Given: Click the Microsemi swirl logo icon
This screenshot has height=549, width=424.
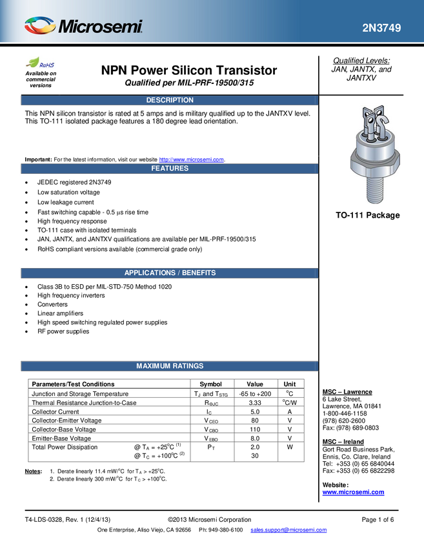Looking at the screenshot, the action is coord(40,25).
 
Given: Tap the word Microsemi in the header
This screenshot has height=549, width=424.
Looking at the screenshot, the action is coord(100,27).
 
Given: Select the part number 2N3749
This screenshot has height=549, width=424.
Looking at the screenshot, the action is coord(381,28).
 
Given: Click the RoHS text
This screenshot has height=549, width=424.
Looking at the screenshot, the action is coord(47,65).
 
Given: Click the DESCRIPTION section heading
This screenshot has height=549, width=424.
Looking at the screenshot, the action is coord(170,100).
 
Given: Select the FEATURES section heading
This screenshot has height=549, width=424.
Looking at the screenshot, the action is coord(170,168).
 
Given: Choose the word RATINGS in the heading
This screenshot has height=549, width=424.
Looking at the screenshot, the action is coord(188,366).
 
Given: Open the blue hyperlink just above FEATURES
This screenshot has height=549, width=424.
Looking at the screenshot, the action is coord(192,158).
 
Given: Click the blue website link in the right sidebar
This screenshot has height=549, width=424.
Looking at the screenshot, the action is coord(353,492).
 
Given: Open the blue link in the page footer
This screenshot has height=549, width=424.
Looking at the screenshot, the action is coord(288,530).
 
